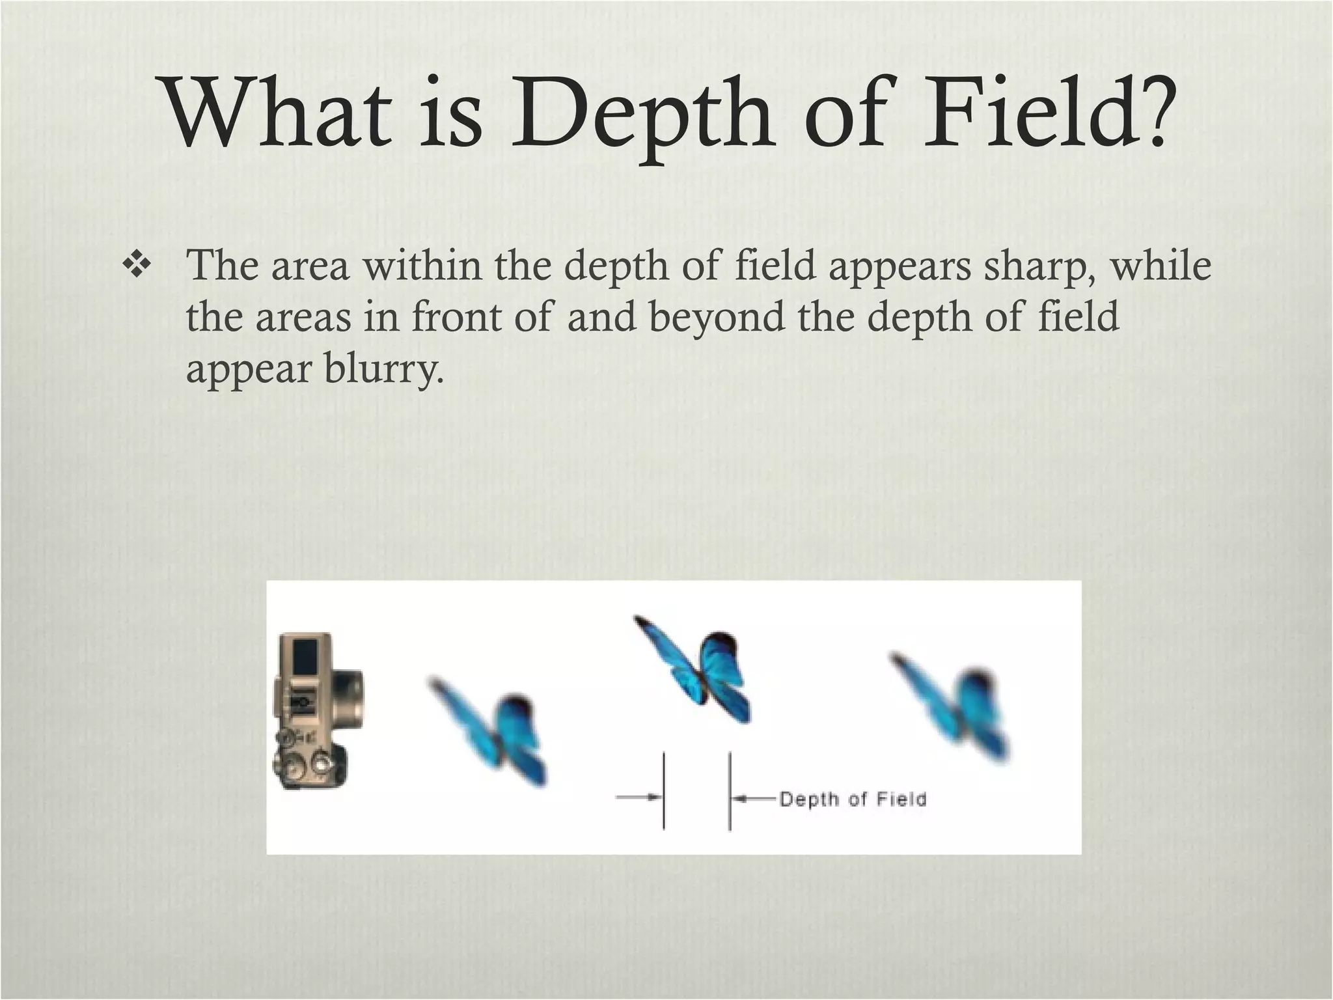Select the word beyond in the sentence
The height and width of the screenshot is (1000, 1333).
pos(717,317)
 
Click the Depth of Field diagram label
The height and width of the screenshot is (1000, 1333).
pos(852,799)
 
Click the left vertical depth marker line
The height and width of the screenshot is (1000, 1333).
pos(663,791)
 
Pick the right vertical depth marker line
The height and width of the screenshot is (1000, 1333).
pos(729,791)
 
